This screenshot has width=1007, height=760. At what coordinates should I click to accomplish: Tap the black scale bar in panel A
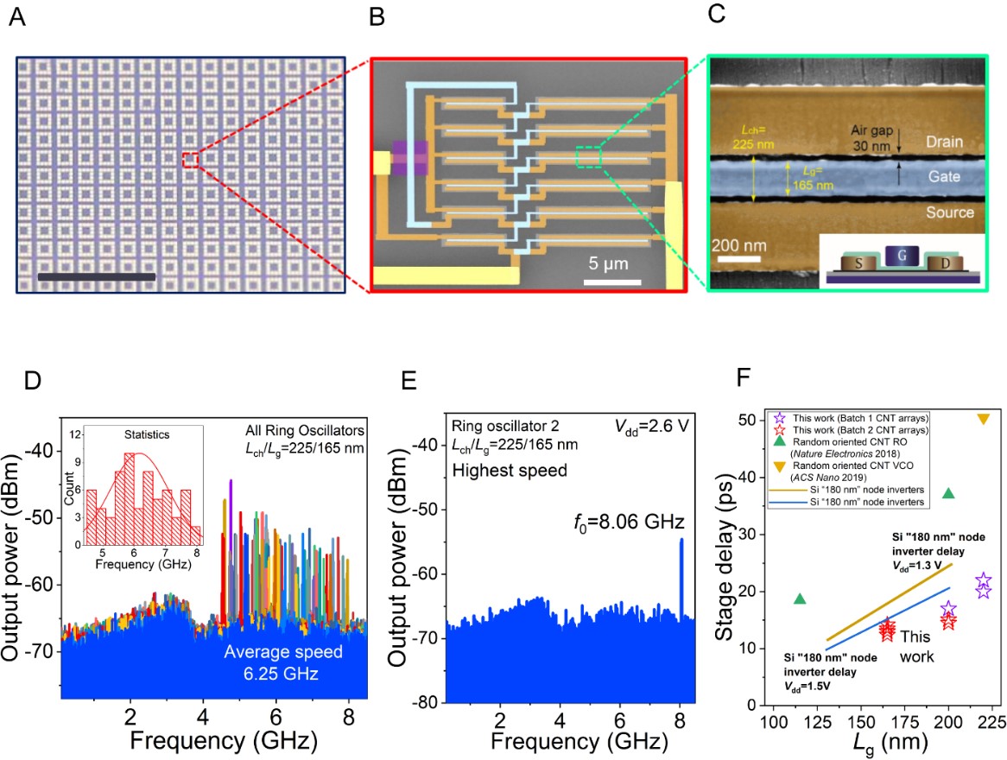[x=97, y=276]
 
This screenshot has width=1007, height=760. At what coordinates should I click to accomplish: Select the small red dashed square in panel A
[x=191, y=160]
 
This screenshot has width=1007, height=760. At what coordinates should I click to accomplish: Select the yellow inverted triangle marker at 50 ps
[x=983, y=419]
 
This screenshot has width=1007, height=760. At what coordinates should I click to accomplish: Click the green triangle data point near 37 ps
[x=948, y=493]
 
